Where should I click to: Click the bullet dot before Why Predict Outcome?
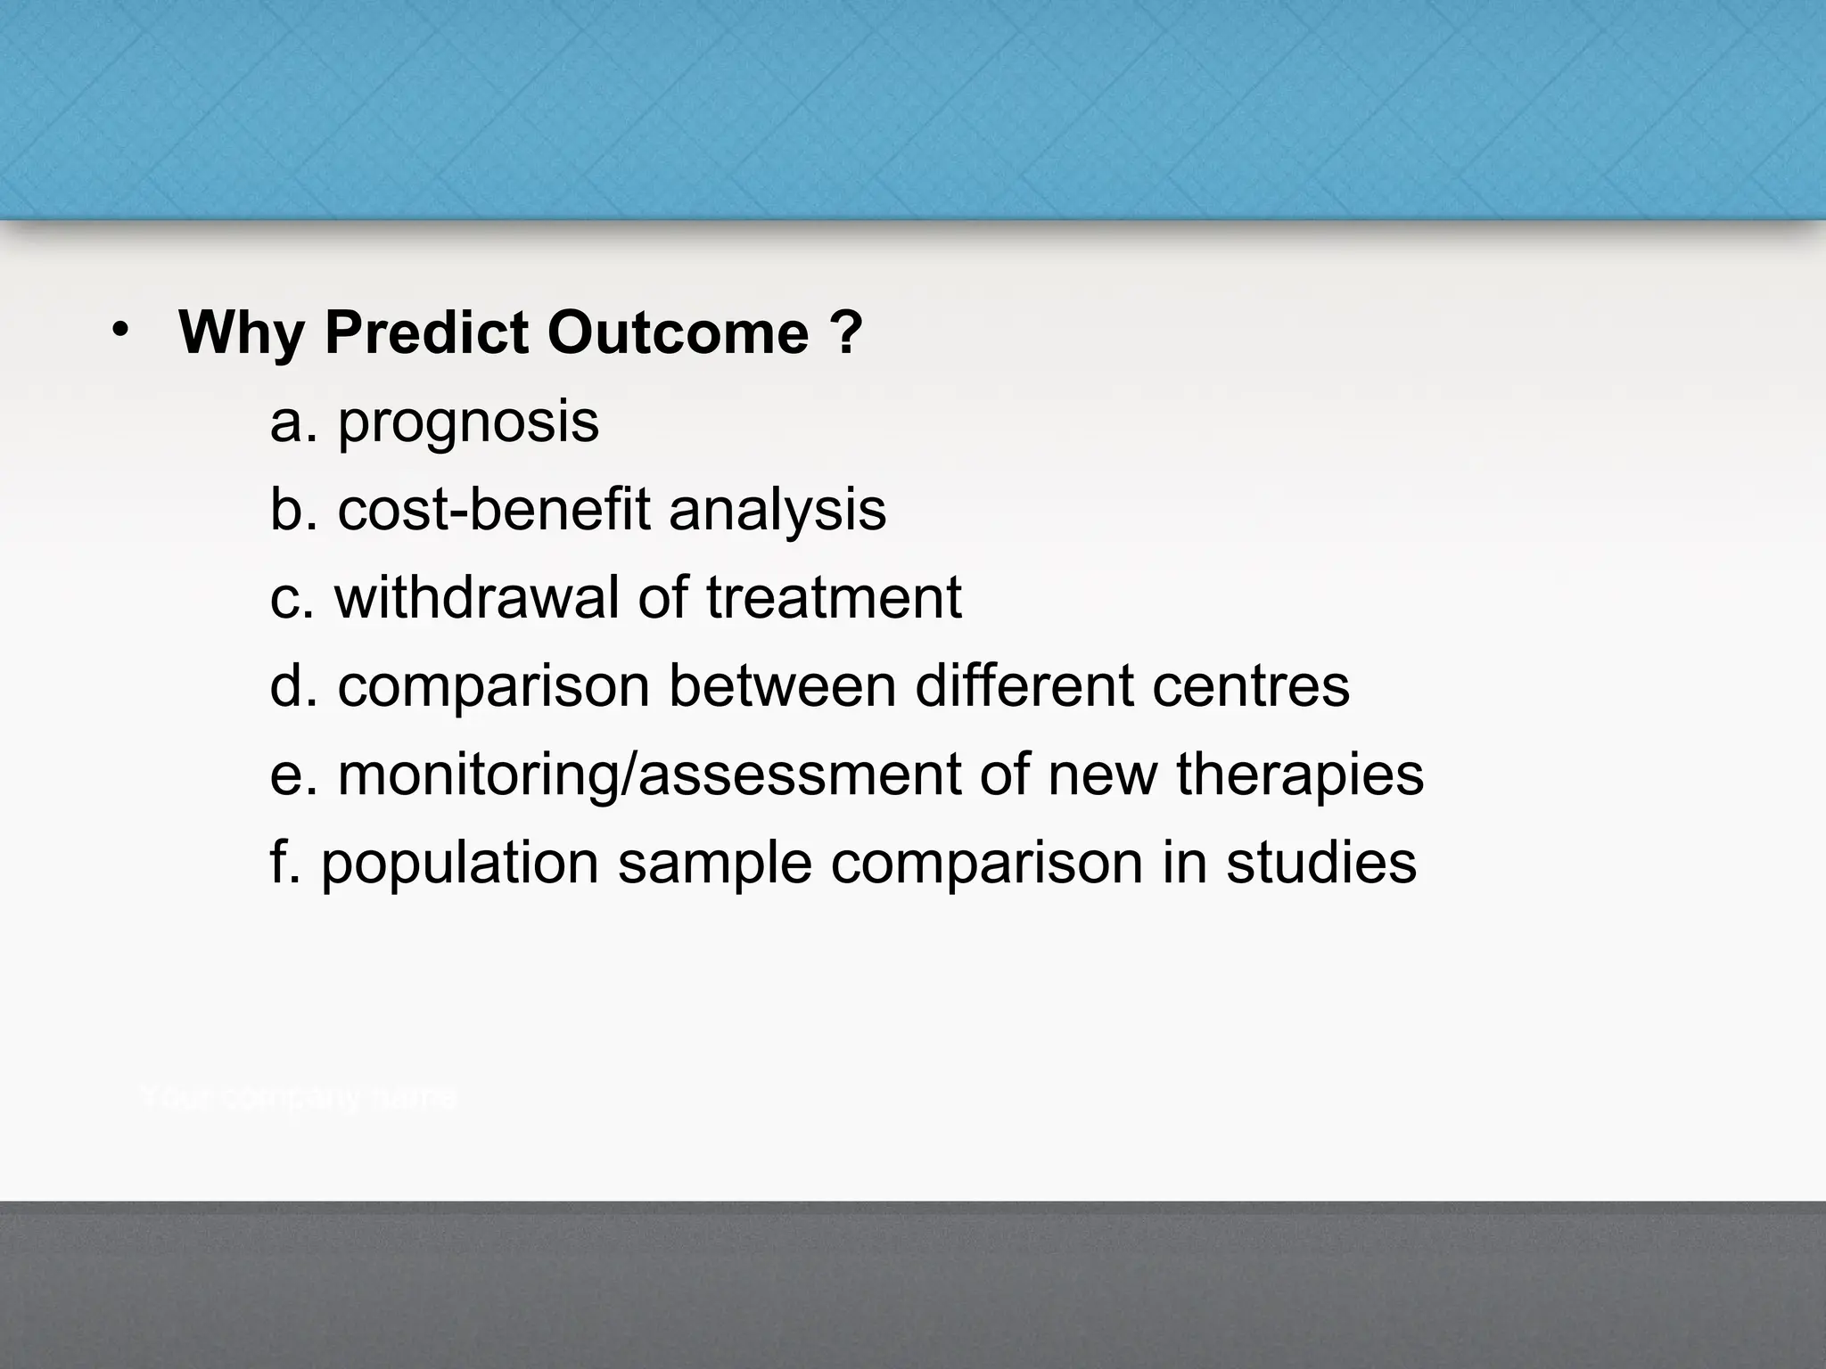pyautogui.click(x=121, y=332)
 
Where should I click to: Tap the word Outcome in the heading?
pyautogui.click(x=678, y=333)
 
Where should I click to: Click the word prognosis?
pyautogui.click(x=468, y=424)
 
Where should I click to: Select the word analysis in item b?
pyautogui.click(x=777, y=510)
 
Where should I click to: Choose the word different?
pyautogui.click(x=1024, y=685)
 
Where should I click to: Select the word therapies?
pyautogui.click(x=1299, y=775)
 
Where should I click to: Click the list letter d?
pyautogui.click(x=286, y=685)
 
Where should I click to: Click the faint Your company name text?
pyautogui.click(x=299, y=1098)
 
